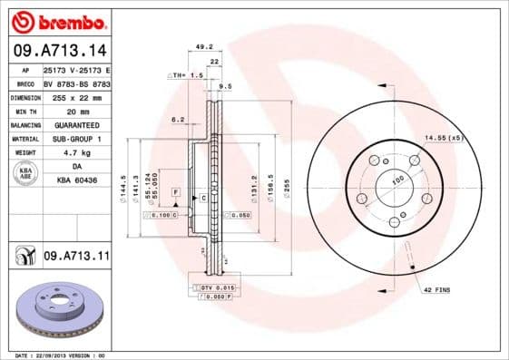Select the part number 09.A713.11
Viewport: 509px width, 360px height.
(76, 258)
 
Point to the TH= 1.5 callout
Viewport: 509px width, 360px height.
(186, 75)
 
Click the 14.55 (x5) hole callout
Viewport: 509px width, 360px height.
(443, 138)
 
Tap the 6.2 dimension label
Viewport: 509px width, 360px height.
(178, 119)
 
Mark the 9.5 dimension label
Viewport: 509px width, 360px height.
(226, 87)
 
